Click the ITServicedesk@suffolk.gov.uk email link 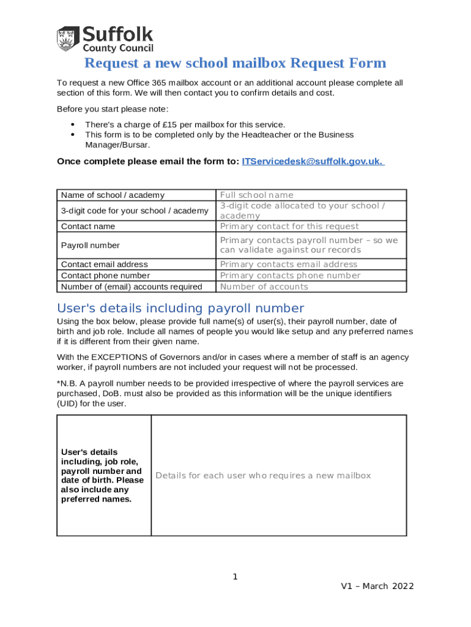coord(313,161)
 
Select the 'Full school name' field coord(256,195)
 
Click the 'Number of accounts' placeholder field coord(264,287)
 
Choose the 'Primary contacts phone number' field coord(290,276)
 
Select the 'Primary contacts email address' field coord(289,265)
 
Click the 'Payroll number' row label coord(90,246)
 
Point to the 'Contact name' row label coord(88,227)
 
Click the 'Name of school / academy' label coord(113,195)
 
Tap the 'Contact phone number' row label coord(105,276)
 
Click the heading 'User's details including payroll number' coord(180,307)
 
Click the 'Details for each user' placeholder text coord(263,476)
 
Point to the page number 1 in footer coord(235,577)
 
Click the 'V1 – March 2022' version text coord(377,586)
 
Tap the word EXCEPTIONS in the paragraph coord(117,357)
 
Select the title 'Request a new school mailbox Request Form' coord(235,63)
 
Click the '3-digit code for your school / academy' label coord(135,211)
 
